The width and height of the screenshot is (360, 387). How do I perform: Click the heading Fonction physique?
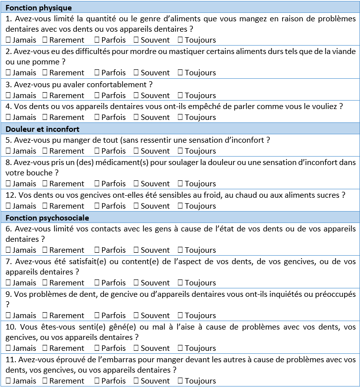coord(39,8)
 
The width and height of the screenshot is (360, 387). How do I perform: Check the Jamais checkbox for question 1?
coord(8,40)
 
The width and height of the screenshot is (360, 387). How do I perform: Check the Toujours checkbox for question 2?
coord(180,72)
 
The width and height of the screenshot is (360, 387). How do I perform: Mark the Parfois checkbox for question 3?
coord(97,95)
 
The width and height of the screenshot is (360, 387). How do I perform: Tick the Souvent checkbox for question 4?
coord(136,117)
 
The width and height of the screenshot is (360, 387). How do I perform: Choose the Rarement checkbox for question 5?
coord(45,151)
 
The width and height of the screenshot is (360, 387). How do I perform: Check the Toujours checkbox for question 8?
coord(180,184)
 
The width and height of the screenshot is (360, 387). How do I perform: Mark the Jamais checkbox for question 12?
coord(8,206)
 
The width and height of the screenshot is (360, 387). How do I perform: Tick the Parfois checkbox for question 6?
coord(97,250)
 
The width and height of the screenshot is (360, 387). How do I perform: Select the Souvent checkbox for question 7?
coord(136,283)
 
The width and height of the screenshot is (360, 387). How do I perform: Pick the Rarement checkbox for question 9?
coord(45,316)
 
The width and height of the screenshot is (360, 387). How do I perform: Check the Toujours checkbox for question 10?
coord(180,348)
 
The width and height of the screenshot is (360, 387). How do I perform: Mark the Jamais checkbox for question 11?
coord(8,381)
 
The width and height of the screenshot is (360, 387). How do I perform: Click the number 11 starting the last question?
coord(9,359)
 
